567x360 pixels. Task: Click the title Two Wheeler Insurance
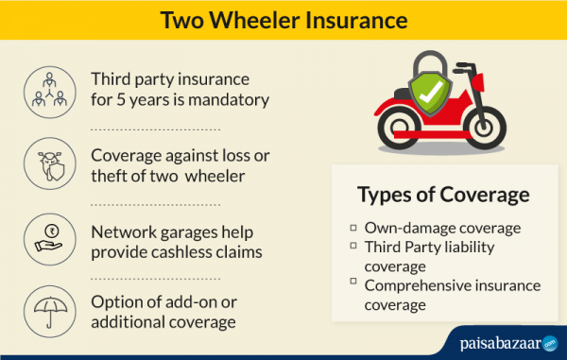click(x=283, y=20)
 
